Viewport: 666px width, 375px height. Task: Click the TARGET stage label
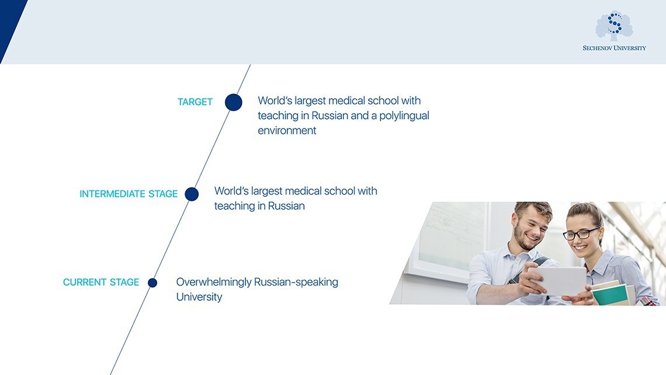195,102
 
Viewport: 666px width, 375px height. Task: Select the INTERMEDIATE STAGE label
129,194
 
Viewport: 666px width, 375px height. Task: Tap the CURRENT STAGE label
101,283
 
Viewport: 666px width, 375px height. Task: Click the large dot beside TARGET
233,102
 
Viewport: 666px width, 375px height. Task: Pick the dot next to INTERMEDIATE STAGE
192,194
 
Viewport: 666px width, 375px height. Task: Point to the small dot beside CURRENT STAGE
152,283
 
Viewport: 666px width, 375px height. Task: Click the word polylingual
404,116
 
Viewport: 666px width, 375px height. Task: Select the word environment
287,131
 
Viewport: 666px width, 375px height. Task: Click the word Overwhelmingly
213,282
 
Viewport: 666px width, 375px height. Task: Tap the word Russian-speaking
296,282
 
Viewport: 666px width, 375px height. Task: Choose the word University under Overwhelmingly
199,297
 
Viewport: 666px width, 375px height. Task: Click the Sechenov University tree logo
614,26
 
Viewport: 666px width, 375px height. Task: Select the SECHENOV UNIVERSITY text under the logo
614,48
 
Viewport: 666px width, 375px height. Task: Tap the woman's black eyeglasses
581,234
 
